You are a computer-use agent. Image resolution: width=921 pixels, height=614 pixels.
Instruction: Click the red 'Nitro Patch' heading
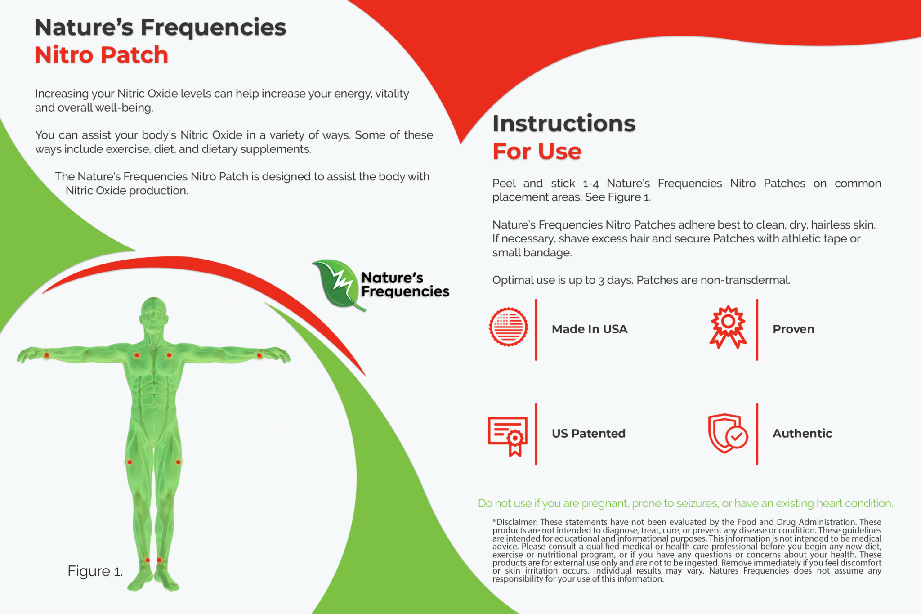[x=102, y=55]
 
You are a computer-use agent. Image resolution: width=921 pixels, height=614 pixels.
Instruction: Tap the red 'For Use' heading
[x=537, y=151]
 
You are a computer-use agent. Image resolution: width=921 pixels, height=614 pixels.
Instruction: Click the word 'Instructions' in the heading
[x=564, y=123]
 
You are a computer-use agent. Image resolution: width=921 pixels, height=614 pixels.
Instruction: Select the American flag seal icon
[x=508, y=327]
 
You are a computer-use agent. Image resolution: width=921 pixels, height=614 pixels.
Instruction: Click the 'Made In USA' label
[x=589, y=329]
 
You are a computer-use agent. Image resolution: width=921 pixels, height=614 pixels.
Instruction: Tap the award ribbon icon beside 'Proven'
[x=728, y=327]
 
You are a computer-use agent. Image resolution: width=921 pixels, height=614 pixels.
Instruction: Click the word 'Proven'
[x=793, y=329]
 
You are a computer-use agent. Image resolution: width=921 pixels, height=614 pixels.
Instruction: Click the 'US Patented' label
[x=588, y=434]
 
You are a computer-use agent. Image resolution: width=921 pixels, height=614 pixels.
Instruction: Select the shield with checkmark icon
[x=727, y=434]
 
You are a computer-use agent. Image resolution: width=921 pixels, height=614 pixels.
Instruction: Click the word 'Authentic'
[x=802, y=434]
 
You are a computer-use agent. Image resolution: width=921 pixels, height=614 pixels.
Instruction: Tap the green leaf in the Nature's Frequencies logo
[x=337, y=284]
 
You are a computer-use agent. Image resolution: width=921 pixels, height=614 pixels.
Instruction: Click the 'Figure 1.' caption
[x=95, y=571]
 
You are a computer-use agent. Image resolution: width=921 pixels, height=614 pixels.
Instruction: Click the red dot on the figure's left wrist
[x=259, y=355]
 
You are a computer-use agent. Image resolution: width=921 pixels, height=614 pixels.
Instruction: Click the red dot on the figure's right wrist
[x=47, y=355]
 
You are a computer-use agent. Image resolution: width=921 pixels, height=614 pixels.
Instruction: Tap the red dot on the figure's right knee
[x=130, y=462]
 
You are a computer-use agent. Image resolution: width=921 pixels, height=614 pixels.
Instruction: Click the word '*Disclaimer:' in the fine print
[x=515, y=522]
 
